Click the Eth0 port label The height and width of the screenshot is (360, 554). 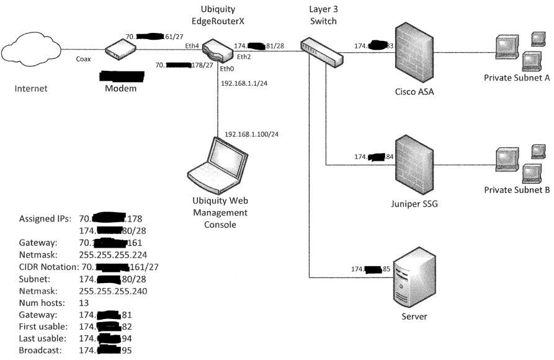click(x=228, y=69)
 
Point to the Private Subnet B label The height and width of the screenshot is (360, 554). click(x=517, y=191)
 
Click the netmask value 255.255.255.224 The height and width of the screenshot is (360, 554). click(x=113, y=254)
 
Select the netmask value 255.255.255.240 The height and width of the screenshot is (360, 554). click(x=113, y=290)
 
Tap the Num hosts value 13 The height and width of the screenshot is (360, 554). click(x=84, y=302)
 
